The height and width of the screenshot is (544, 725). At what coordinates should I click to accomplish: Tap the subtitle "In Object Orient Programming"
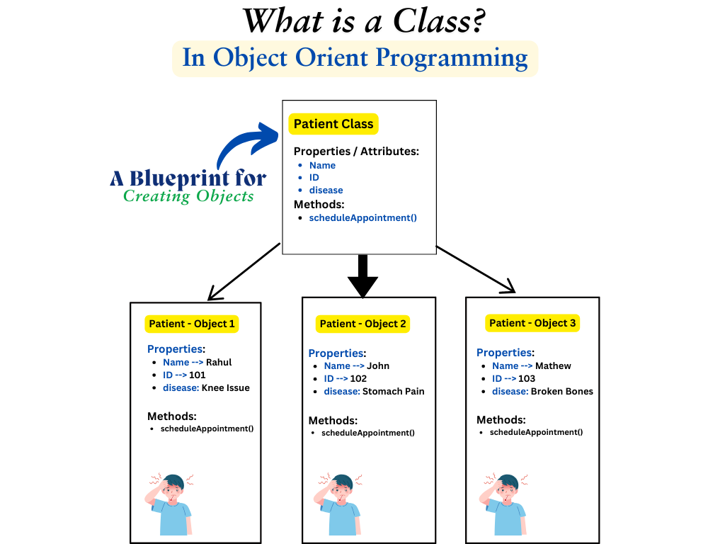point(355,58)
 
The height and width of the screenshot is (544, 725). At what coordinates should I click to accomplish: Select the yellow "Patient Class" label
point(333,124)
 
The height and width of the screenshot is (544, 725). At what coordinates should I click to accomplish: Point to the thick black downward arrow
point(363,276)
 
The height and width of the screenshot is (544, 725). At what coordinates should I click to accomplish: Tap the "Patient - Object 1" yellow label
point(192,324)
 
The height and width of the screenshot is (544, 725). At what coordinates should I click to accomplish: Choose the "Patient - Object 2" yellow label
point(363,324)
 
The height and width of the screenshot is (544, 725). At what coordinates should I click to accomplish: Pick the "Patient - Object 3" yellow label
point(533,323)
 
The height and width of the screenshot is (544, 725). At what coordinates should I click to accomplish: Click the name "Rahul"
point(219,362)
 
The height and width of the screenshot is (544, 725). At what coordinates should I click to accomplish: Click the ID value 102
point(358,378)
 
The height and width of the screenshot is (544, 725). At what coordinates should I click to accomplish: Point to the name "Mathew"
point(553,365)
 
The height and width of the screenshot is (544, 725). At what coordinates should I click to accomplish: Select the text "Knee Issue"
point(226,387)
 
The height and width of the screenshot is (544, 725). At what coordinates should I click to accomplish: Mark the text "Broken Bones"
point(562,391)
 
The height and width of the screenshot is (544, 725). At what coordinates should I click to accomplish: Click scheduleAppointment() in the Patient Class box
point(363,217)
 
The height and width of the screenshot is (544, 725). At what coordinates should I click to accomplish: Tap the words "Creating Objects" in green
point(188,196)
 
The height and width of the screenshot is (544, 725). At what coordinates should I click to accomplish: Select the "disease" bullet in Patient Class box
point(326,190)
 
